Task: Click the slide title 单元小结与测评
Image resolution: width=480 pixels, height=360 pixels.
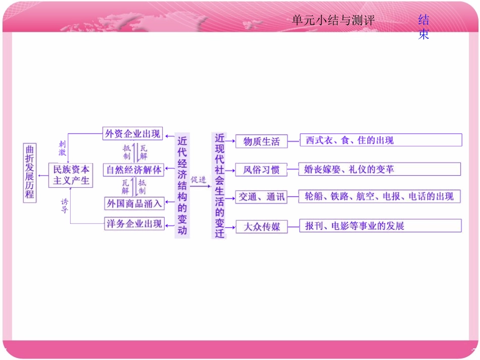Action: click(333, 21)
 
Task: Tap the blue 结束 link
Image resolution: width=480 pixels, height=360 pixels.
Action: click(423, 27)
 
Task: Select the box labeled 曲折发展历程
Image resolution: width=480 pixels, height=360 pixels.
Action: click(30, 173)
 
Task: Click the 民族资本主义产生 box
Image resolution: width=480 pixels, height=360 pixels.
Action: click(71, 175)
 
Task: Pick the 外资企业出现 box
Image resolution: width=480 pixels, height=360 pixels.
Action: click(133, 134)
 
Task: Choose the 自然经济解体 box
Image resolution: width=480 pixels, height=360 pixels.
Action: click(133, 170)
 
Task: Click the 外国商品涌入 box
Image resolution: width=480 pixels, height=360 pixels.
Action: click(133, 203)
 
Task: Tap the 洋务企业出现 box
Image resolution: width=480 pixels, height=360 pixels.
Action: click(134, 224)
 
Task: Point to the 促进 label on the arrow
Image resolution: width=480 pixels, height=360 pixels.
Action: click(198, 180)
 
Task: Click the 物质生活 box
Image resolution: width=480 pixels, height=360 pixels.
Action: click(261, 141)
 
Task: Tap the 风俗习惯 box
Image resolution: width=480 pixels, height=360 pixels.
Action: click(261, 170)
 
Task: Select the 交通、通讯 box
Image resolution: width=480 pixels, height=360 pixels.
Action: click(261, 197)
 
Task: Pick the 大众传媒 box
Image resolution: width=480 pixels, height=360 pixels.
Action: click(261, 227)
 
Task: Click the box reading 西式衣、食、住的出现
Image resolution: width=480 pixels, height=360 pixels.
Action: click(380, 140)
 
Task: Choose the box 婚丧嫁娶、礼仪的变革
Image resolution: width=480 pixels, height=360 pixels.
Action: click(379, 169)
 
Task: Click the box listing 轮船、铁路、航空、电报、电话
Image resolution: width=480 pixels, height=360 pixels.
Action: click(379, 196)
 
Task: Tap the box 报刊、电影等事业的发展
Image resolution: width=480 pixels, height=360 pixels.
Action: click(380, 226)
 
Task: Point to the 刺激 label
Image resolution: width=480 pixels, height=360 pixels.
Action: click(62, 148)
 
